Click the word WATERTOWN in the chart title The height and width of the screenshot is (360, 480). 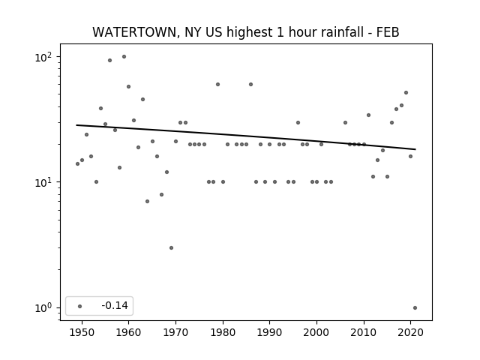pos(134,32)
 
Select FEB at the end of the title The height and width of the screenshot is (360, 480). pos(388,32)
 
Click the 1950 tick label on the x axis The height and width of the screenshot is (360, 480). pos(82,333)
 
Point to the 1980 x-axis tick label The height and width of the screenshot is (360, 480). pos(223,333)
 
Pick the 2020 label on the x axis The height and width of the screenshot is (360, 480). pos(410,333)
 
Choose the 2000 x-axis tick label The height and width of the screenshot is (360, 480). pos(316,333)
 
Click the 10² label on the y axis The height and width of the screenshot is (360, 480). pos(43,57)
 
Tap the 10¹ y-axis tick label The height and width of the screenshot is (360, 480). pos(43,183)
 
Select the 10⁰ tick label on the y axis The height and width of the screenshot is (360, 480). pos(43,308)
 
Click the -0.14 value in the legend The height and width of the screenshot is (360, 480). pos(115,305)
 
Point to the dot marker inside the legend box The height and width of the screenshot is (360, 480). pos(80,306)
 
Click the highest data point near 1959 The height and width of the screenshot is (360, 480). pos(124,57)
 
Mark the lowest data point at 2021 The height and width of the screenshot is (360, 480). pos(415,308)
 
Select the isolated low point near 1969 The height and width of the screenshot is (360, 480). pos(171,247)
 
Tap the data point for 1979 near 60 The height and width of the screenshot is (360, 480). pos(218,85)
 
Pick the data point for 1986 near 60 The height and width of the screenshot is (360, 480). pos(250,85)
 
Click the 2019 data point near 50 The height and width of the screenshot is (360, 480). pos(406,93)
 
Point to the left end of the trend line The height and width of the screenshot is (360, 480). pos(76,125)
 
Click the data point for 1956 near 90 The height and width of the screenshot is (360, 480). pos(110,60)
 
